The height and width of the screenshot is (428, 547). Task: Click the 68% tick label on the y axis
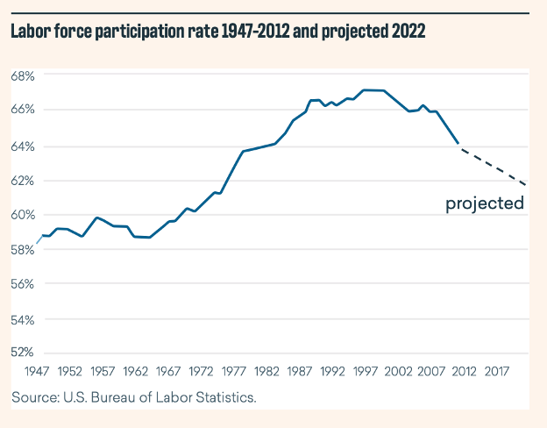tap(22, 76)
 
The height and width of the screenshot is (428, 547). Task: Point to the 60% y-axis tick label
tap(22, 215)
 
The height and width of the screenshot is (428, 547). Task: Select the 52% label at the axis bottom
tap(22, 353)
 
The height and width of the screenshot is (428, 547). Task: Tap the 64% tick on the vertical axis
tap(22, 146)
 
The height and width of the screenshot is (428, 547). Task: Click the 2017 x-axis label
tap(497, 371)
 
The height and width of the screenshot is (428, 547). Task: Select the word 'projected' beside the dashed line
tap(484, 204)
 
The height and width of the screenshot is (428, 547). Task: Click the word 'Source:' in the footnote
tap(35, 397)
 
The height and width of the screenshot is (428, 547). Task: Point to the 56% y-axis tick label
tap(22, 284)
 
